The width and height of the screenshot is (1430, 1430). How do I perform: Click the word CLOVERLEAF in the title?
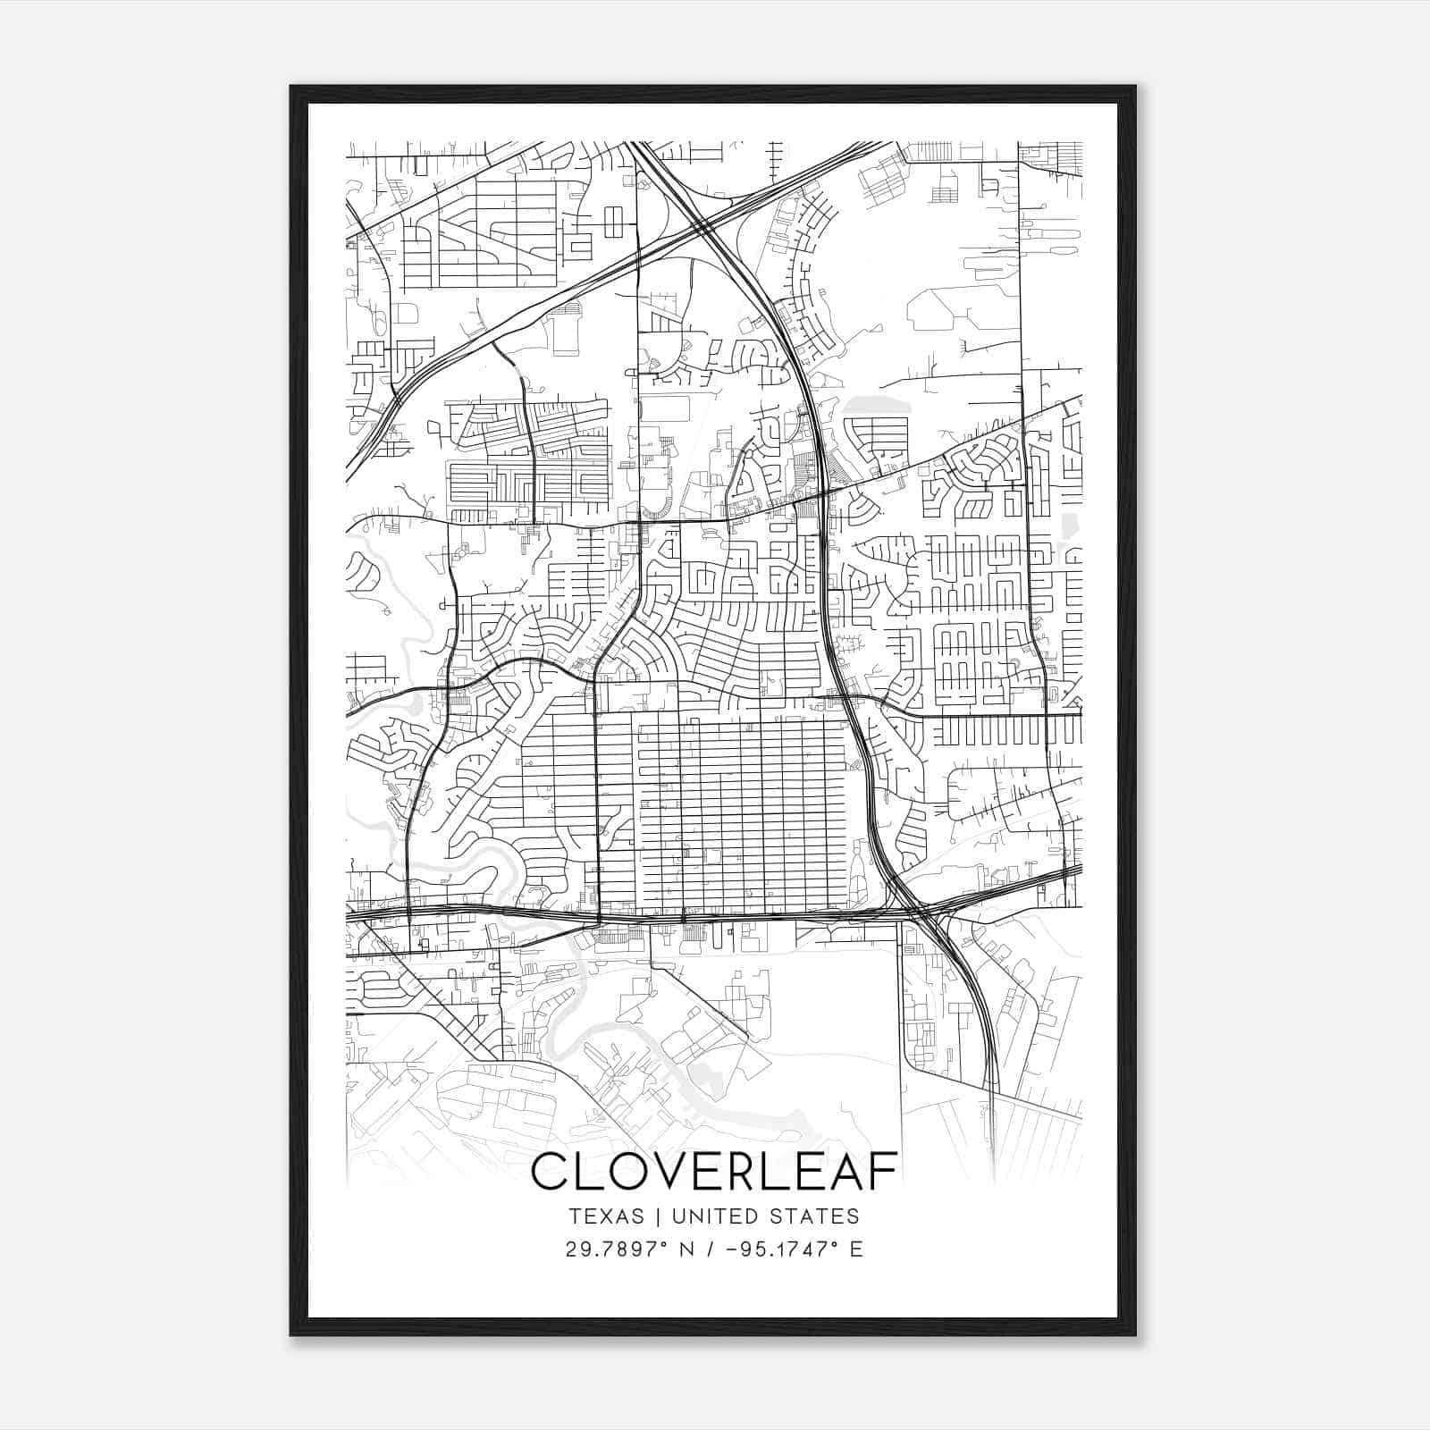click(714, 1173)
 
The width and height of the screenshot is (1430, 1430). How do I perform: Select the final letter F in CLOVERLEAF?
click(883, 1173)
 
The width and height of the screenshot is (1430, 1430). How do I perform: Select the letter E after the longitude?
click(856, 1249)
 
